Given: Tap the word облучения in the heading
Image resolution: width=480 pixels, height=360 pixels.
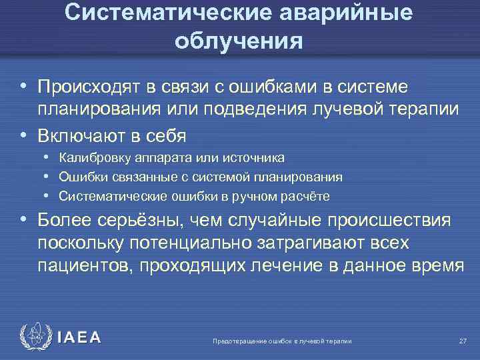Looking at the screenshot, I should point(239,41).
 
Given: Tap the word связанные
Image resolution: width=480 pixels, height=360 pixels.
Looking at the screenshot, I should point(135,177).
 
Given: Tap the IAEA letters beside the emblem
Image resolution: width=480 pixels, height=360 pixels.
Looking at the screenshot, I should point(78,337).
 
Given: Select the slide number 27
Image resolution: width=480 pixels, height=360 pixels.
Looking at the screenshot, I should point(463,341).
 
